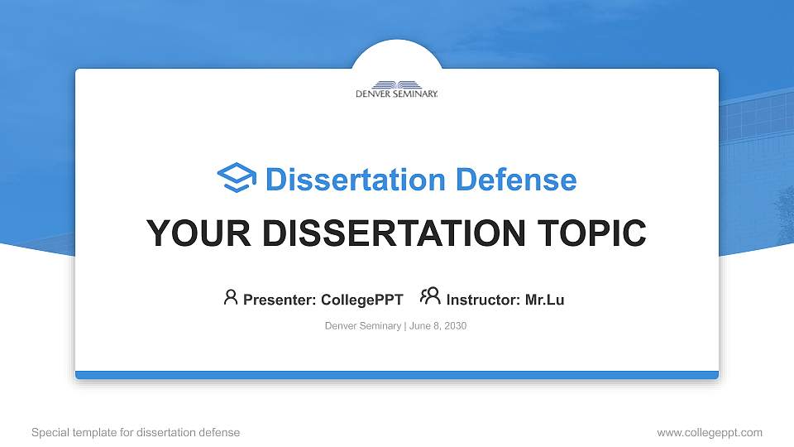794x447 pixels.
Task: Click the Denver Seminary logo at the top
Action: pos(397,89)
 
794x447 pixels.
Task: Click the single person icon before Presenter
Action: pos(231,297)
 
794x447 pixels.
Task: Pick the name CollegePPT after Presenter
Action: pos(361,300)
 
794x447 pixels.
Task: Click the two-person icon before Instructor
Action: pos(430,296)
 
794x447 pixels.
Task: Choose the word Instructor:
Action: pos(483,300)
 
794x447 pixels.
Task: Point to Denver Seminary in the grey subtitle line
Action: pos(363,326)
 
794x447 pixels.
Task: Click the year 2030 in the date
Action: pos(456,326)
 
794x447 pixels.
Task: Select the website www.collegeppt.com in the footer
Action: pos(710,432)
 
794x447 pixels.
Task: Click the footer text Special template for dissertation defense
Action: pos(136,432)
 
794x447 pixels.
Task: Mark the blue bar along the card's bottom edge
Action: pos(397,375)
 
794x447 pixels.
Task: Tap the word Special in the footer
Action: pos(49,432)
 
